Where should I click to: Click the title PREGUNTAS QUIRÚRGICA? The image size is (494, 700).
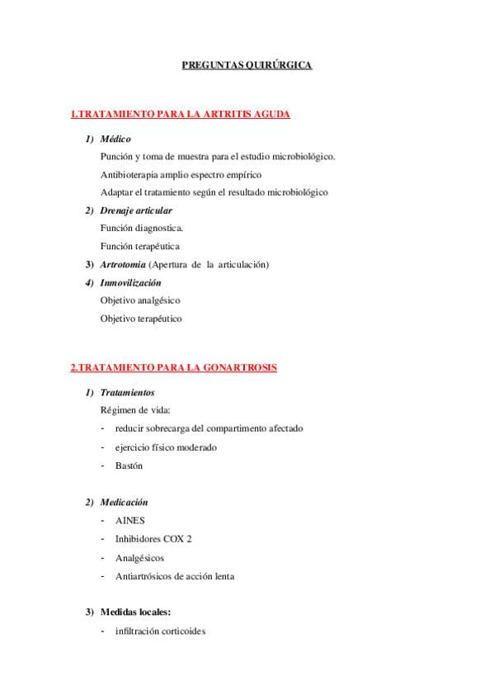[x=247, y=64]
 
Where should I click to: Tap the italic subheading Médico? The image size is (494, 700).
[x=115, y=139]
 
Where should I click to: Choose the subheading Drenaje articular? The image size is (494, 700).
[x=136, y=210]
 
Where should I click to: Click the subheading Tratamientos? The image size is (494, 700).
[x=127, y=392]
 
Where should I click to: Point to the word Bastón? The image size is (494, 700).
[x=129, y=466]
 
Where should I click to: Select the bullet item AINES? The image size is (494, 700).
[x=130, y=521]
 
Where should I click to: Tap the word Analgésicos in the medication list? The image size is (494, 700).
[x=139, y=558]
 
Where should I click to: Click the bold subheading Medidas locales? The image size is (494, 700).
[x=135, y=612]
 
